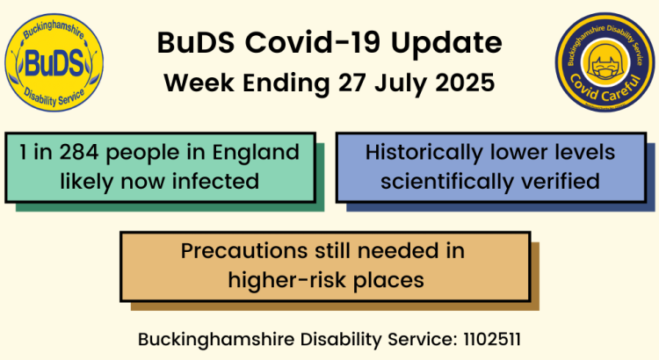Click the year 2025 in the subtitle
click(466, 83)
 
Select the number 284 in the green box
click(76, 153)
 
